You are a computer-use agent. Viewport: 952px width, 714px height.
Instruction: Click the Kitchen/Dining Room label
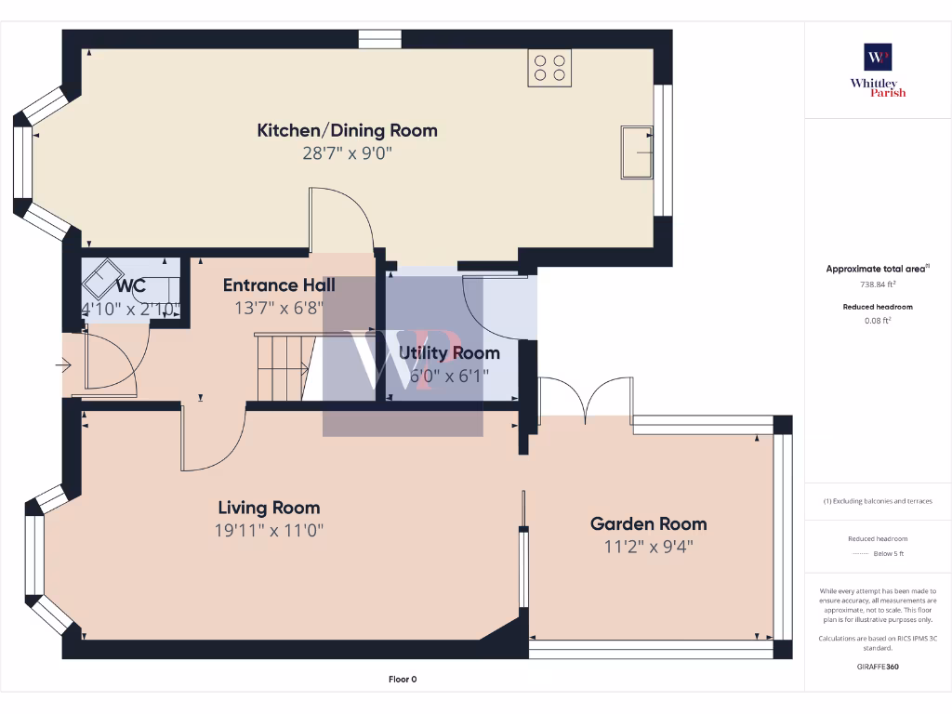(347, 130)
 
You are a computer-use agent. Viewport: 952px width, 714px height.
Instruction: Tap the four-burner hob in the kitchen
(549, 68)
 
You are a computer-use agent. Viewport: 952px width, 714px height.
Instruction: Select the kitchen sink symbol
(637, 152)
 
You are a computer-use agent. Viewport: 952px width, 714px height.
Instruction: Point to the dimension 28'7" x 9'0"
(347, 153)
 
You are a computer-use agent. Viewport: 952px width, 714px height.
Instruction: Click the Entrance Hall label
(279, 284)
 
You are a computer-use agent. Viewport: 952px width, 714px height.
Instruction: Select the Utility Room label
(449, 353)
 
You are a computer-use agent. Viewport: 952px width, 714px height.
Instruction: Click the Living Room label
(269, 508)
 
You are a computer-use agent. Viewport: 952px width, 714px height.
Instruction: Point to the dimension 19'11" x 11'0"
(269, 531)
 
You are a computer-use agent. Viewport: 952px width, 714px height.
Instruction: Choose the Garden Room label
(648, 523)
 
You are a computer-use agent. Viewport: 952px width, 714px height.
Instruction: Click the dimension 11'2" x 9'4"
(648, 547)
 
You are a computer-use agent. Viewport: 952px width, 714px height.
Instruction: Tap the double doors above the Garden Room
(586, 398)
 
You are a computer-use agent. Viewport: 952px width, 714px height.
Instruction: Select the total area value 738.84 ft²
(878, 285)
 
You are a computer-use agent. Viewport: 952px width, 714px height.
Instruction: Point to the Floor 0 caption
(402, 680)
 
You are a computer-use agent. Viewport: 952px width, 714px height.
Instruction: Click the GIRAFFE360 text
(878, 667)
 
